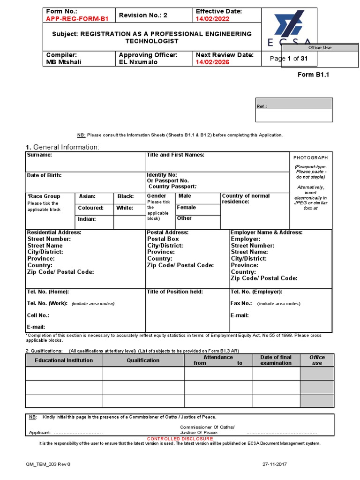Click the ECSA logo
pos(289,28)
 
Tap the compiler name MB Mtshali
pos(63,62)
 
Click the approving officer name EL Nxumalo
pos(138,62)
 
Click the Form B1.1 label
pos(314,75)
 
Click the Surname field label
pos(39,155)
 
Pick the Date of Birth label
pos(44,175)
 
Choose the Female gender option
pos(187,208)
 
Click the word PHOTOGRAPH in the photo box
pos(311,158)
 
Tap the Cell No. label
pos(38,315)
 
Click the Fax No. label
pos(241,303)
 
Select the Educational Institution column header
pos(64,360)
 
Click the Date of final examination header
pos(276,360)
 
